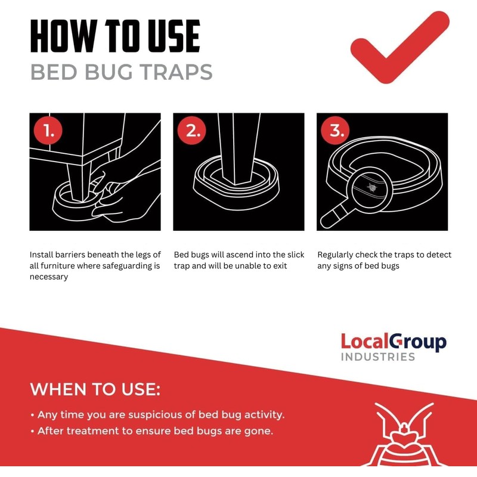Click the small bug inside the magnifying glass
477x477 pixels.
372,188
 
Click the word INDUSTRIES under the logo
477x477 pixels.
377,357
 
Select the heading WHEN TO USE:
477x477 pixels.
95,390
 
